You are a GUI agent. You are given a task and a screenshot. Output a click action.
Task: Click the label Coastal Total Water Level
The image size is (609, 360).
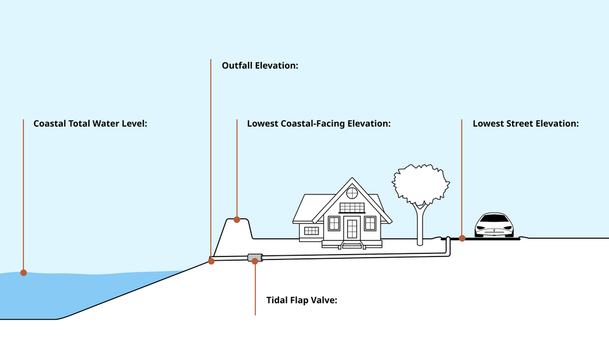coord(91,123)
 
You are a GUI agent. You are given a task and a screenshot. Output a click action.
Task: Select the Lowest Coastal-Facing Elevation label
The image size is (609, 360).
coord(319,123)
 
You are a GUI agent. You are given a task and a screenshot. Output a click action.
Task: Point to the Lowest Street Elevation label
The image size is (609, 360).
coord(526,123)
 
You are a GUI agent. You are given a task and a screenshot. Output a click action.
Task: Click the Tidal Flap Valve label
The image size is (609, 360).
coord(301,300)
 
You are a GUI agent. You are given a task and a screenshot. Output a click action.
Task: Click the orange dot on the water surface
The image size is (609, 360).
coord(23,272)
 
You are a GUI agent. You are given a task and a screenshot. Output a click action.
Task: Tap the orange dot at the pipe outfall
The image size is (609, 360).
coord(211,261)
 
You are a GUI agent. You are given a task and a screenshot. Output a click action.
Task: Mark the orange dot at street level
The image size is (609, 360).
coord(462,238)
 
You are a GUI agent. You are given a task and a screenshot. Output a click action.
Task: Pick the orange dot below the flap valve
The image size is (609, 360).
coord(255,261)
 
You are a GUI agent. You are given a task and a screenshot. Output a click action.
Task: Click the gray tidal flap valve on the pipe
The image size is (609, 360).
coord(254,258)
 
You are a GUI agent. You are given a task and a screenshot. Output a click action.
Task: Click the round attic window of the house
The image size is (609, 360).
coord(352,193)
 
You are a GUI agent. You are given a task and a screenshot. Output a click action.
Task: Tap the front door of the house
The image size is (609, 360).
coord(352,228)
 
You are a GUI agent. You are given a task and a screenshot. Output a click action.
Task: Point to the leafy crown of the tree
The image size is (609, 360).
coord(421,183)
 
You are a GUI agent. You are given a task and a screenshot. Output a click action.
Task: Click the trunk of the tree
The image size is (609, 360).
coord(420,225)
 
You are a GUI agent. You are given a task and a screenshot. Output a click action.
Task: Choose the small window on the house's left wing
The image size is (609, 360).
coord(311,230)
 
